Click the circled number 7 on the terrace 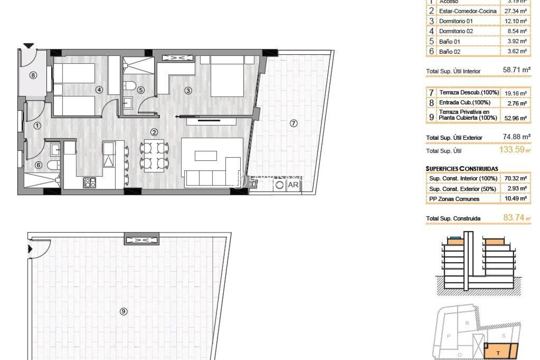293,123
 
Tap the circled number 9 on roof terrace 123,311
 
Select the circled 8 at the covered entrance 33,75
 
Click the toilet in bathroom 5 129,85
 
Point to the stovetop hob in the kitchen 89,183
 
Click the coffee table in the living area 206,156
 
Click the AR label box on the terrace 293,185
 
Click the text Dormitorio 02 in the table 456,31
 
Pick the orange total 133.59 512,150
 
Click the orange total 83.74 514,218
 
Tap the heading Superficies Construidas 462,169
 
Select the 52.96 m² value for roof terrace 515,118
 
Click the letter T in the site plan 498,353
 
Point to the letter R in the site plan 467,323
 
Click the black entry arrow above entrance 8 28,45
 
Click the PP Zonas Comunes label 454,199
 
